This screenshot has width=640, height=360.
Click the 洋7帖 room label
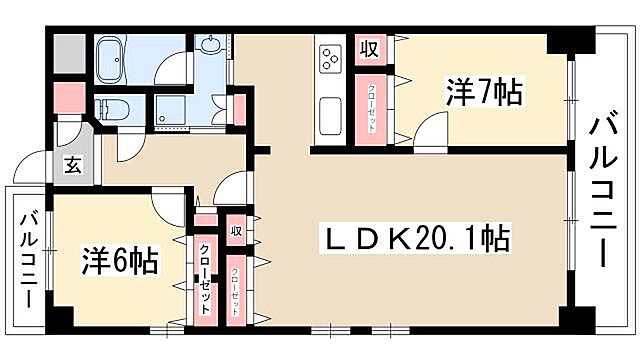pyautogui.click(x=483, y=94)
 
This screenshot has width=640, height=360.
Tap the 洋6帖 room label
pyautogui.click(x=119, y=262)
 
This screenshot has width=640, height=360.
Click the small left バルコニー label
pyautogui.click(x=29, y=259)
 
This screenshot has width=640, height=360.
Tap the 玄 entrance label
pyautogui.click(x=74, y=167)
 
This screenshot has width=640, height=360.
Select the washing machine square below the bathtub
pyautogui.click(x=172, y=111)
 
